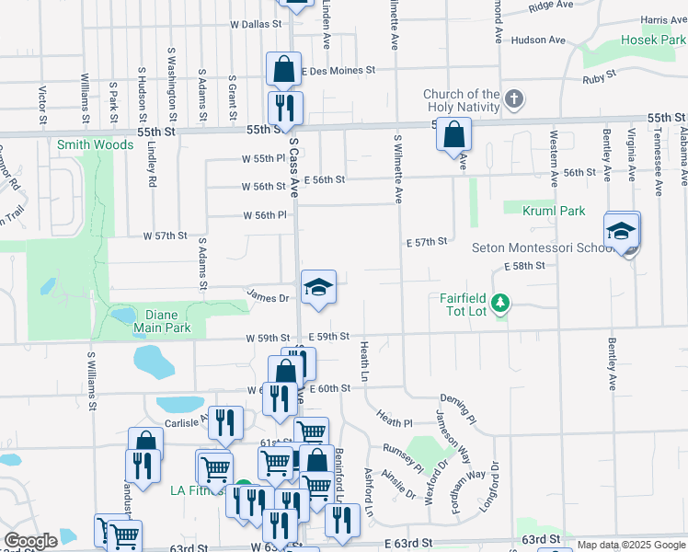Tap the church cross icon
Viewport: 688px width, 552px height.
click(514, 98)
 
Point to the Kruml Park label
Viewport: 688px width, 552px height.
click(554, 211)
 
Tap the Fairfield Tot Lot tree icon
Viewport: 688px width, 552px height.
click(500, 303)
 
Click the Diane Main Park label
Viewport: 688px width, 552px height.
click(162, 320)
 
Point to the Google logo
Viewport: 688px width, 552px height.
click(30, 541)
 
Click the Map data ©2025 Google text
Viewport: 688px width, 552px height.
click(631, 545)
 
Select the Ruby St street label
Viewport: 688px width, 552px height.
click(599, 80)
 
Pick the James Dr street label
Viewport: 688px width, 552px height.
click(268, 296)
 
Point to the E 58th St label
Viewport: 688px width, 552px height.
click(524, 265)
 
